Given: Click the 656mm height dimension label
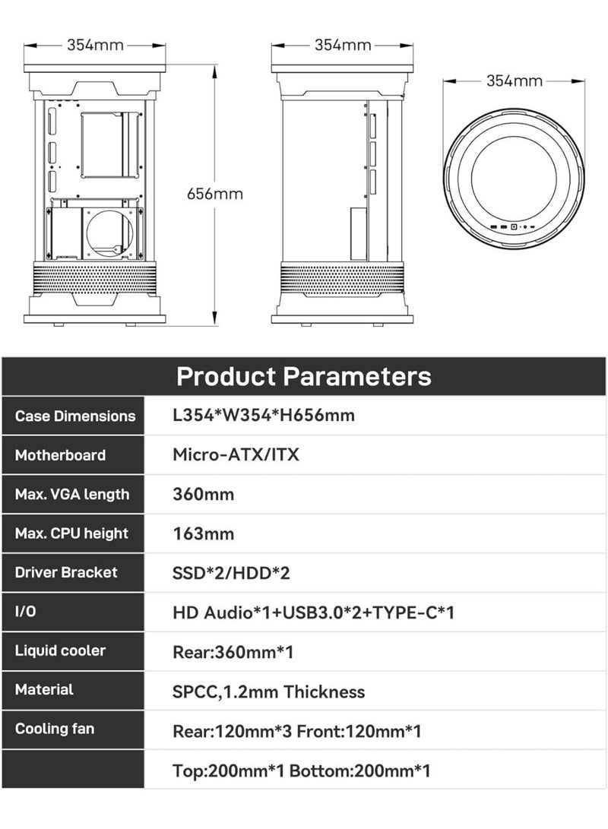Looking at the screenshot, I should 215,194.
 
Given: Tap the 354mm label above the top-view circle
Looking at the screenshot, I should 515,81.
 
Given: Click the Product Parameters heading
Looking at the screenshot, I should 304,376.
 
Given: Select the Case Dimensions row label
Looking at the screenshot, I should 75,416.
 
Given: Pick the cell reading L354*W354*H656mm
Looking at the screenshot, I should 264,416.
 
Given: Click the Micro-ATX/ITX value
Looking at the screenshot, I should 236,455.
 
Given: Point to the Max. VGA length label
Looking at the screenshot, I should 72,495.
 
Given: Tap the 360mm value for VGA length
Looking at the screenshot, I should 204,495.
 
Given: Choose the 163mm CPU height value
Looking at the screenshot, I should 204,533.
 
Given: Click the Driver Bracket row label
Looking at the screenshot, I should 66,572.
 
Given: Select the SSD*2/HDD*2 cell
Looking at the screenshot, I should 232,573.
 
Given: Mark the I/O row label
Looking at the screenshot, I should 25,612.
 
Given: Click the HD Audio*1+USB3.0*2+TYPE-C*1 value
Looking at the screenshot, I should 314,612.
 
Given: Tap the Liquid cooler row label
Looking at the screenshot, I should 60,650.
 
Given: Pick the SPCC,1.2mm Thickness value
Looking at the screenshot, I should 269,692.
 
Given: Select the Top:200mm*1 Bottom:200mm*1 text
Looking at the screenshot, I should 302,771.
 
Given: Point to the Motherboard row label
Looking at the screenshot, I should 60,455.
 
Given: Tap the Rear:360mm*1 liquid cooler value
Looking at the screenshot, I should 233,651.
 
